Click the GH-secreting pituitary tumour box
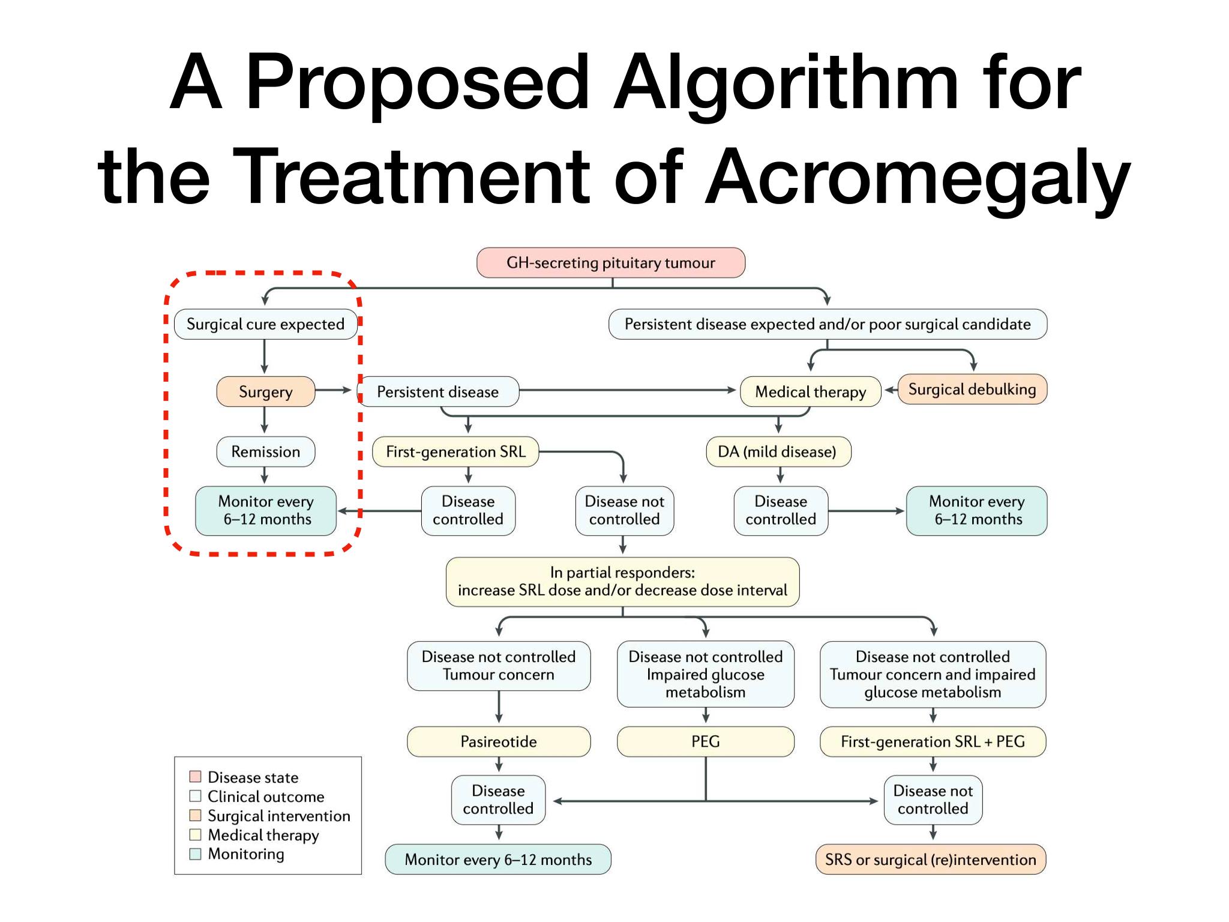611,263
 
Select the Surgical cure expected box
266,324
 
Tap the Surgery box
266,391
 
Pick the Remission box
266,451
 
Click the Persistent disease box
438,391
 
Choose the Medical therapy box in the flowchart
811,391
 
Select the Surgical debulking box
972,389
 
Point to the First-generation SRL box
455,451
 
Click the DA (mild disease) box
778,451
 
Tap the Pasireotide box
499,741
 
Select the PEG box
706,741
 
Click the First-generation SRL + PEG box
933,741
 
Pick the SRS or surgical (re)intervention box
931,860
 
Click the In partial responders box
623,582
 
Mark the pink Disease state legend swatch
195,777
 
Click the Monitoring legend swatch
195,854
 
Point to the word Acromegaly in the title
918,178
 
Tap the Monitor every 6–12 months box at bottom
498,860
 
